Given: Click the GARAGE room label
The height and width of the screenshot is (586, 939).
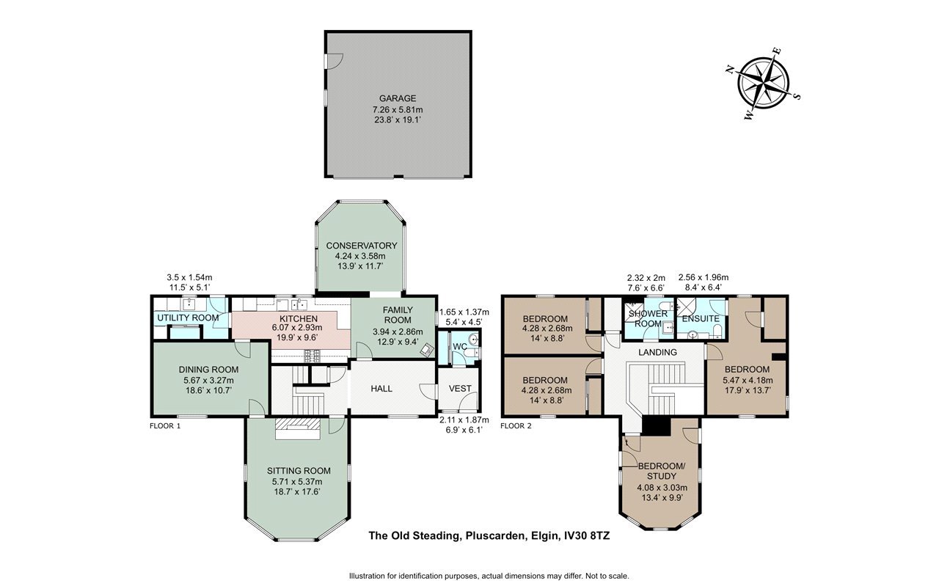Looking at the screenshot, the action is coord(398,98).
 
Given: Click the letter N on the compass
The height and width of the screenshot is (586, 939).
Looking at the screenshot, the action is coord(730,70).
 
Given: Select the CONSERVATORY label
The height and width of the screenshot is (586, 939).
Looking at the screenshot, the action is coord(362,246).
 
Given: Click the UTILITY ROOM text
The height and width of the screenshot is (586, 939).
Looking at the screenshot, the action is coord(188,318).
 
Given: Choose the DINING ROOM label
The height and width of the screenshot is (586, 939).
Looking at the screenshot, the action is coord(208,370).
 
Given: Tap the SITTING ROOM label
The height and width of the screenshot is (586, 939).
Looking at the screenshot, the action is coord(299,471).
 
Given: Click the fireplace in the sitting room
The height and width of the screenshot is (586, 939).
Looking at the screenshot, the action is coord(298,428).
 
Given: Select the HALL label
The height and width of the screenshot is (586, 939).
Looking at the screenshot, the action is coord(381,389).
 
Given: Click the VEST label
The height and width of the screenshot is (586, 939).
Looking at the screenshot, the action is coord(460,389).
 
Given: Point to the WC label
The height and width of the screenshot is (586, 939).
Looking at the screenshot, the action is coord(460,347).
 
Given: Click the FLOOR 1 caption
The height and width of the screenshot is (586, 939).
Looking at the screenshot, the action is coord(165,426).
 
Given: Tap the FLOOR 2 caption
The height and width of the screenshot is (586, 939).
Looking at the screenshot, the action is coord(516,426).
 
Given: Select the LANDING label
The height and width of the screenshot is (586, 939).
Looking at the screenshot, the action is coord(657,353).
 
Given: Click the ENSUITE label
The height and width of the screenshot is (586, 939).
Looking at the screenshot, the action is coord(701,318).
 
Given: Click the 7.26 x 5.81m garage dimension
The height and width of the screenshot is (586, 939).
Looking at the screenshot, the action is coord(398,110).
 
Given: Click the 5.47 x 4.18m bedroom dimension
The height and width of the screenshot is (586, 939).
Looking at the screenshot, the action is coord(748,381).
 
